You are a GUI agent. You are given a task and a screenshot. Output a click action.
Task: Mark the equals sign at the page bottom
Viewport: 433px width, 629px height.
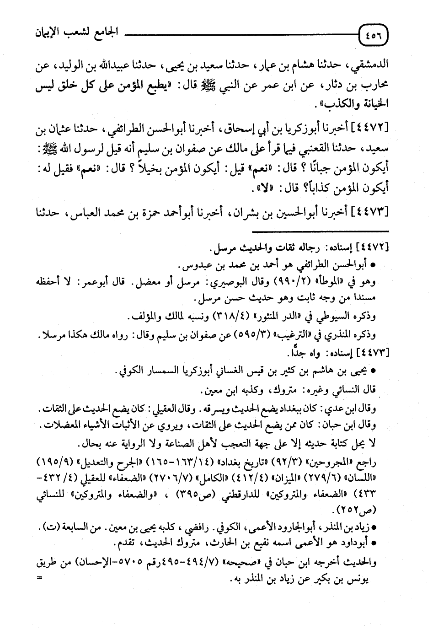pos(40,578)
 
